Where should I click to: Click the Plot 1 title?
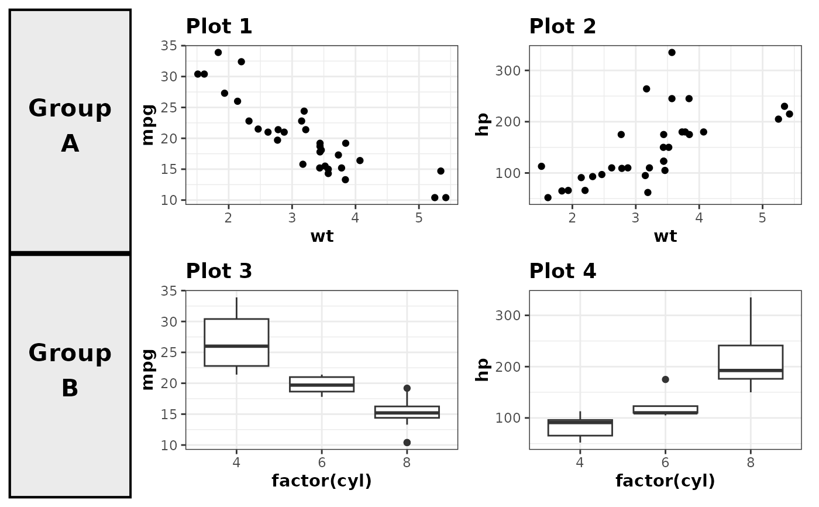click(x=219, y=27)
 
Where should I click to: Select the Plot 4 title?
click(x=562, y=272)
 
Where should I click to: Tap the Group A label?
click(x=70, y=126)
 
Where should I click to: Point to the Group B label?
click(x=70, y=371)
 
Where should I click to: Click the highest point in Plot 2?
click(x=672, y=53)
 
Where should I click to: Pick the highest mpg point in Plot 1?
click(x=218, y=53)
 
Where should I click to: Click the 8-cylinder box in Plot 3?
click(x=407, y=412)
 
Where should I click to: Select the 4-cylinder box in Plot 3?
click(x=236, y=342)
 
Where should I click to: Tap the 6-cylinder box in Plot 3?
click(x=322, y=384)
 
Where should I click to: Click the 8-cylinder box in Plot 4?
click(x=751, y=362)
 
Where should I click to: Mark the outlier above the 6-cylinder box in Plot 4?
click(x=665, y=379)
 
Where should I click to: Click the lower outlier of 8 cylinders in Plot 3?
click(x=407, y=443)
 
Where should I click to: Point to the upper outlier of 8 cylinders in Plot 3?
click(x=407, y=388)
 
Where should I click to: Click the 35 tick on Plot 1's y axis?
click(x=174, y=46)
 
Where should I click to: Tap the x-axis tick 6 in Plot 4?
click(x=665, y=460)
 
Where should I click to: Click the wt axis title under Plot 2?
click(x=665, y=237)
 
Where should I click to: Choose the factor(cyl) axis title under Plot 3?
click(x=322, y=481)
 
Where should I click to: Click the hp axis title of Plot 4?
click(x=483, y=370)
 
